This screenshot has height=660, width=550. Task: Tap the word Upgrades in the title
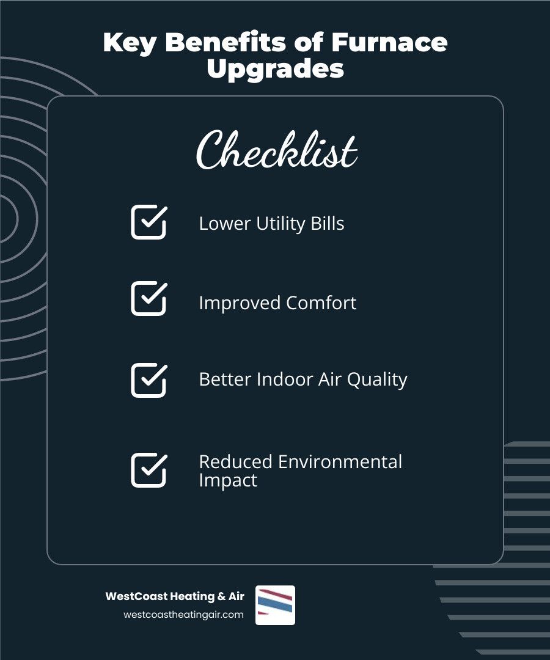coord(275,69)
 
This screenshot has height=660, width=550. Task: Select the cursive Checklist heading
coord(276,150)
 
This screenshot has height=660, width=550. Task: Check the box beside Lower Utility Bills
coord(148,222)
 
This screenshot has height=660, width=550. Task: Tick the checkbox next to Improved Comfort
coord(148,298)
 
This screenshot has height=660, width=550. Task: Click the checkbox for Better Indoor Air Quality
coord(148,380)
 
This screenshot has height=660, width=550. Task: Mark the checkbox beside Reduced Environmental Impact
coord(148,470)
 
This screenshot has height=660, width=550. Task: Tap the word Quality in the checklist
coord(377,380)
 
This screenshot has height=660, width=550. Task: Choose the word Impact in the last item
coord(228,480)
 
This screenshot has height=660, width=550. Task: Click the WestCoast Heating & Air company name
coord(175,596)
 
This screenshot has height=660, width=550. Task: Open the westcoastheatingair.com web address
coord(183,615)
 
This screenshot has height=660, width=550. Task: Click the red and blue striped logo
coord(275,605)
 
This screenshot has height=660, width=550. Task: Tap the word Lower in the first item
coord(222,224)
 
